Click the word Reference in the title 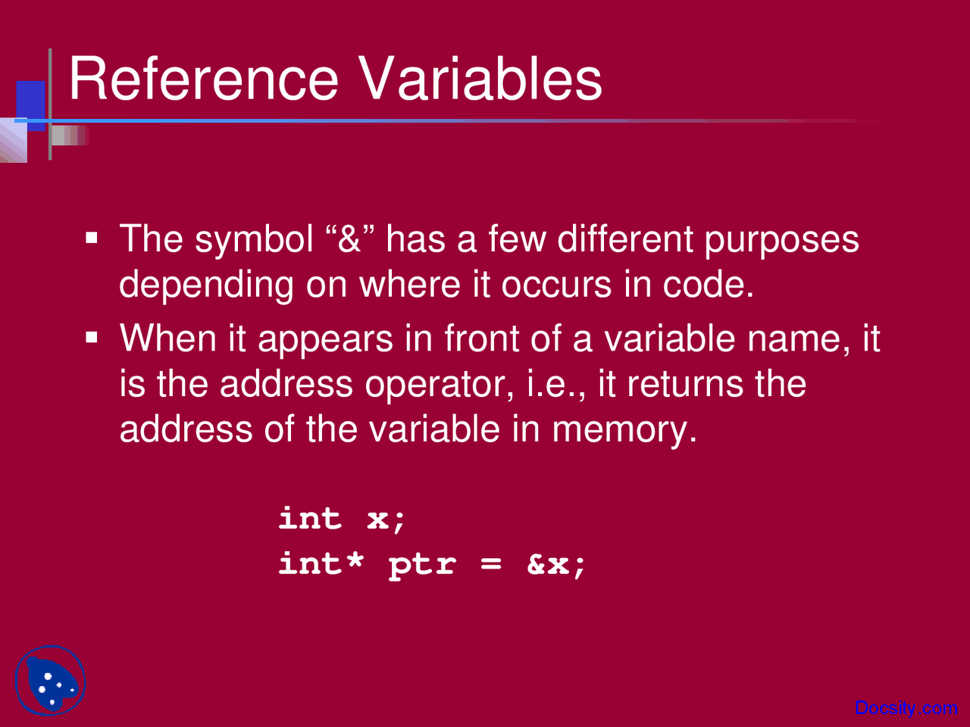[203, 79]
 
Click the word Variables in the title [480, 79]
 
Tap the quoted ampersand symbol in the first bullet [349, 239]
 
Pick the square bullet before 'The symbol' [92, 239]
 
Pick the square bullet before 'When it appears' [92, 337]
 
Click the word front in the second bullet [480, 339]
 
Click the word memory [623, 429]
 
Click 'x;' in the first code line [386, 519]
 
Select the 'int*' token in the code [321, 563]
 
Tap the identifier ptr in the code [422, 565]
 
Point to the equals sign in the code [490, 564]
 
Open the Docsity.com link [906, 708]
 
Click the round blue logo [50, 681]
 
